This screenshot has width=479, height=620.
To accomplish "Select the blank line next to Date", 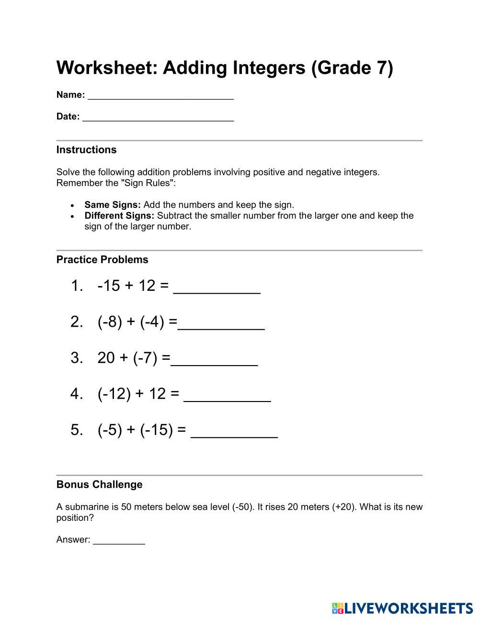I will (x=158, y=117).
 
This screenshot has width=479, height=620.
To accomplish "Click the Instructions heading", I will (x=86, y=149).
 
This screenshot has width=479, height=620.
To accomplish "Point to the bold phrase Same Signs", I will (x=112, y=205).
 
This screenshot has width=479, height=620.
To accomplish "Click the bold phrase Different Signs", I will (x=119, y=216).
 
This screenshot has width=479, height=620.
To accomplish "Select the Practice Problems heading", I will (x=102, y=260).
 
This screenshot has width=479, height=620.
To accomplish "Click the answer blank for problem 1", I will (x=217, y=287).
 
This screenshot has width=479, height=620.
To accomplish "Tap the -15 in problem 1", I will (x=108, y=286).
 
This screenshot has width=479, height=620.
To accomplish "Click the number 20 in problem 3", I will (x=106, y=357).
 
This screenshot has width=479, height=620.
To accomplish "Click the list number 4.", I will (x=76, y=394).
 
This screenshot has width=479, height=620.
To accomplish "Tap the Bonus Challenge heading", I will (x=99, y=484).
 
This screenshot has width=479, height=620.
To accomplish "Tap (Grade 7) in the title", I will (x=352, y=68).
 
